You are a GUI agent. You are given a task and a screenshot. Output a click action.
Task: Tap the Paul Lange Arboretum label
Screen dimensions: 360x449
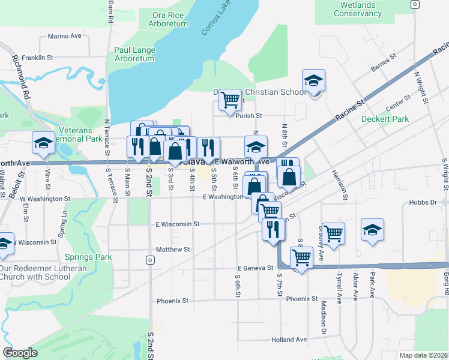[x=134, y=54]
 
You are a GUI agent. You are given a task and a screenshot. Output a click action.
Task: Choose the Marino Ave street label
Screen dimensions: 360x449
[x=64, y=36]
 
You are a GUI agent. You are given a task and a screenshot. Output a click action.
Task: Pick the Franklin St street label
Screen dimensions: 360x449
[x=38, y=58]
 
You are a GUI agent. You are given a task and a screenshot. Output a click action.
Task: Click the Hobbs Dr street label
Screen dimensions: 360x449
[x=424, y=203]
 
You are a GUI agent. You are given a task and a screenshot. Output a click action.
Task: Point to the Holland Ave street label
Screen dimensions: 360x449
[x=289, y=339]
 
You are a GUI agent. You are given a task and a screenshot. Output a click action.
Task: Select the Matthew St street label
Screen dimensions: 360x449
[x=173, y=249]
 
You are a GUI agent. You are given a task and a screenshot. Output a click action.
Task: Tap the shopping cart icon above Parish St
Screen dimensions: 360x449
[x=230, y=100]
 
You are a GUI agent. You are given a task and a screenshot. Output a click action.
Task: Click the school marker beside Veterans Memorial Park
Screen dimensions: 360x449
[x=43, y=143]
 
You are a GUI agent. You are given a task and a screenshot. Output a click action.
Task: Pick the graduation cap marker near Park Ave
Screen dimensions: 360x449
[x=372, y=230]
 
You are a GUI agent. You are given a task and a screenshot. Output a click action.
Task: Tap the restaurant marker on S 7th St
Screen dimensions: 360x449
[x=274, y=229]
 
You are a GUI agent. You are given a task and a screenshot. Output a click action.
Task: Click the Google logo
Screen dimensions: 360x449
[x=20, y=353]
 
